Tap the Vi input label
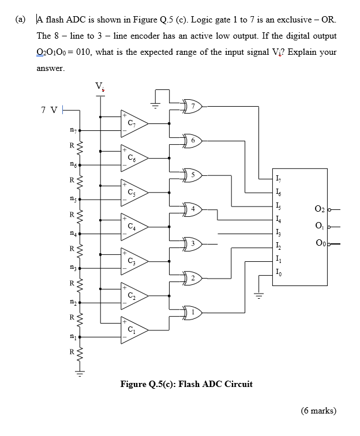(100, 88)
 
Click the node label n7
(72, 130)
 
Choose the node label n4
(72, 234)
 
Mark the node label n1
(72, 339)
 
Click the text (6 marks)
(318, 411)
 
